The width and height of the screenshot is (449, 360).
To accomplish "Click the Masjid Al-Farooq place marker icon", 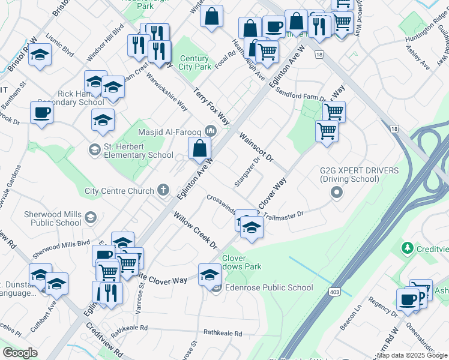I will coord(210,130).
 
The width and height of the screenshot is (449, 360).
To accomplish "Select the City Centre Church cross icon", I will coord(163,191).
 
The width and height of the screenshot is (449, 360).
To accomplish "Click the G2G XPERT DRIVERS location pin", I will coord(336,192).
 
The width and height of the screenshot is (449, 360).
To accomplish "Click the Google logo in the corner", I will coord(20,352).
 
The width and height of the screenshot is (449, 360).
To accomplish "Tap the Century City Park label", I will coord(195,62).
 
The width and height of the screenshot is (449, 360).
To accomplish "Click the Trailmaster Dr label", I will coord(283,214).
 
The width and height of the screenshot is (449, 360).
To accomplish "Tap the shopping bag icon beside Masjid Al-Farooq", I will coord(200,148).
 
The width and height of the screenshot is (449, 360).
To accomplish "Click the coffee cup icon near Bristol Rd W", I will coord(41,113).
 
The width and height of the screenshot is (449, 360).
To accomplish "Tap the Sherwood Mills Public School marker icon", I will coord(90,217).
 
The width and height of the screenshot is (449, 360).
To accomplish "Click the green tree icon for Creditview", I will coord(408,247).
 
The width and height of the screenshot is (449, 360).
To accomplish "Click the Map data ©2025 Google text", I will coord(411,355).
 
